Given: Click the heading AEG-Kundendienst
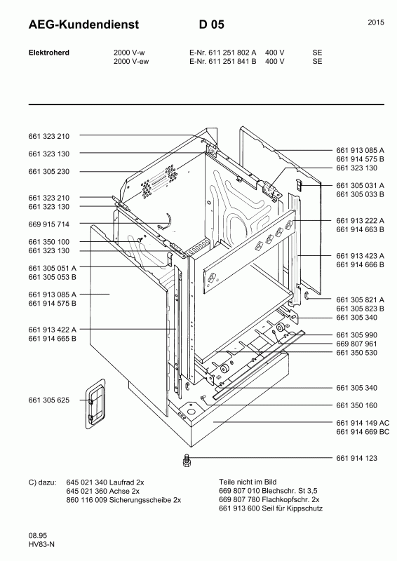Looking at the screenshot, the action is point(83,25).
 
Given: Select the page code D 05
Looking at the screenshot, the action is point(212,25).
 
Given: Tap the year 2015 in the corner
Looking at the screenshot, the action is point(376,22).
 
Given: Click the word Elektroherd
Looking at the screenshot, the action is point(49,53).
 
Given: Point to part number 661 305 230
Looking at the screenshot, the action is point(48,171).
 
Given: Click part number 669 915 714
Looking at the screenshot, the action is point(48,224).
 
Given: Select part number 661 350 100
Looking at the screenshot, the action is point(48,242).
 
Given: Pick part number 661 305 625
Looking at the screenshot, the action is point(48,400).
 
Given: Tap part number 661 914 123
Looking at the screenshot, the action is point(356,458).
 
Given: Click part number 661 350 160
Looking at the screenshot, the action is point(356,405).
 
